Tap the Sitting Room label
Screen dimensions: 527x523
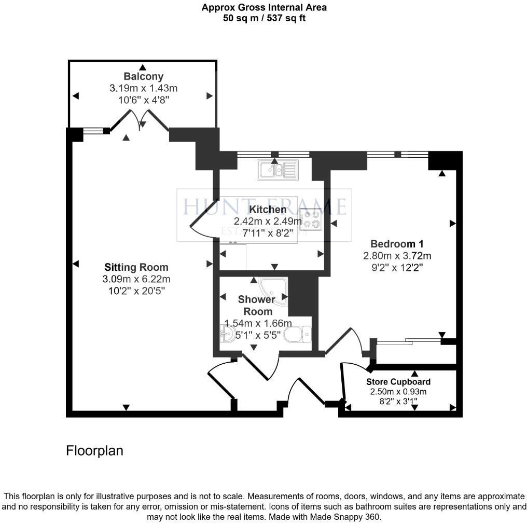click(136, 268)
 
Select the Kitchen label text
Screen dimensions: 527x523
click(268, 210)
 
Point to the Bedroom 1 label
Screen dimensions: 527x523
click(397, 244)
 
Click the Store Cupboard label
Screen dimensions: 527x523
click(397, 382)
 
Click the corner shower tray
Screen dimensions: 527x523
click(274, 291)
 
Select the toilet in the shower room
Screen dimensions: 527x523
click(298, 334)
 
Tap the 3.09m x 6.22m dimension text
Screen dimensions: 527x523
click(136, 280)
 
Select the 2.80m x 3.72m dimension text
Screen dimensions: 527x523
click(397, 255)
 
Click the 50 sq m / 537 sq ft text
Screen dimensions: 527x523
click(264, 18)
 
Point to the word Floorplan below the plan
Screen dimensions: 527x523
click(94, 450)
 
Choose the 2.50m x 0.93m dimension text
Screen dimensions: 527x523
click(397, 392)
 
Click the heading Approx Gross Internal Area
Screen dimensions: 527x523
click(264, 7)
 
